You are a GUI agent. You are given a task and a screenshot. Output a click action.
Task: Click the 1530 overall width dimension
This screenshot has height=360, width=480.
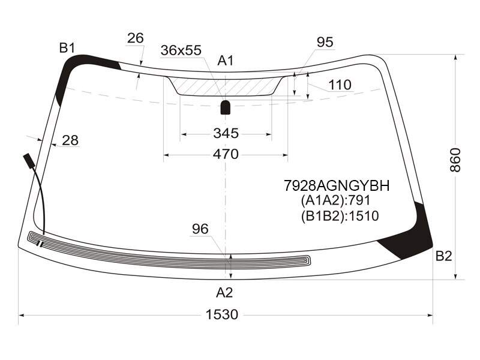(x=221, y=314)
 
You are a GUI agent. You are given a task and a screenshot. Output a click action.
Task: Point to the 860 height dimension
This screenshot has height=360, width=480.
(x=455, y=160)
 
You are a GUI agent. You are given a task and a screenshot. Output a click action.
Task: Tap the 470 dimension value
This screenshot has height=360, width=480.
(x=226, y=154)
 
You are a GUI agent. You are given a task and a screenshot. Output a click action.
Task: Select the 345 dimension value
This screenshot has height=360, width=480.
(x=226, y=133)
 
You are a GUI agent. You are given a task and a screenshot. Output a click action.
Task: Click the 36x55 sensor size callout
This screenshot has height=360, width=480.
(x=181, y=50)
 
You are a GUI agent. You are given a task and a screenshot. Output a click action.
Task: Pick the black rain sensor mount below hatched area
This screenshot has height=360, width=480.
(x=226, y=107)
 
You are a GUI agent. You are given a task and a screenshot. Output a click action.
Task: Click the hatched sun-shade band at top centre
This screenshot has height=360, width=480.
(x=226, y=86)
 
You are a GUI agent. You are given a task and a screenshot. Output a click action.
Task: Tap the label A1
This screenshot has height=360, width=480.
(x=226, y=61)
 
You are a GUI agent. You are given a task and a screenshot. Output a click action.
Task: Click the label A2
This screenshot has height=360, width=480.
(x=224, y=293)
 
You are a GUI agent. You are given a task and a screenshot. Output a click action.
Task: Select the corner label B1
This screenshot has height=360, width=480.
(x=67, y=48)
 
